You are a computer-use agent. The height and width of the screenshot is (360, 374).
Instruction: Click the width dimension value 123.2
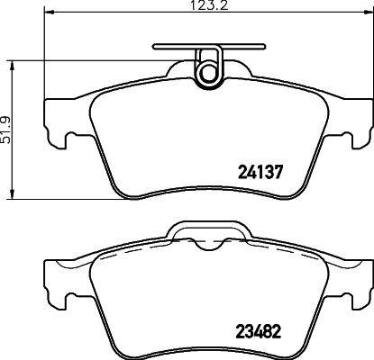coord(207,8)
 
